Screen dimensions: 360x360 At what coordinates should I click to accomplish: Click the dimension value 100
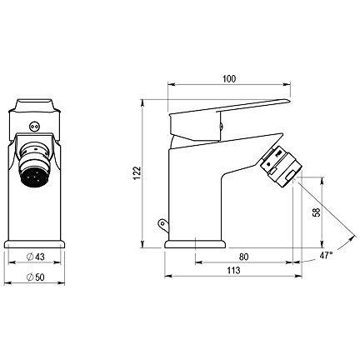229,79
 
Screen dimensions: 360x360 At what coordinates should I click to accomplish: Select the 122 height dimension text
137,173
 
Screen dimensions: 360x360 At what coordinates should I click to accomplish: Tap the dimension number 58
317,212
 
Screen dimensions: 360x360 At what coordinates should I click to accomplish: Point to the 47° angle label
326,255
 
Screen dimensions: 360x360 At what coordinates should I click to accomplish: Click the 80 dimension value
243,257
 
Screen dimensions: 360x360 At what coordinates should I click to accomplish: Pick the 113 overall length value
233,270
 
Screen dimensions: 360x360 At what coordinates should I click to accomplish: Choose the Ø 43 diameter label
35,257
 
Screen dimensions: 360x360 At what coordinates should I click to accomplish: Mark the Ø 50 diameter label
35,277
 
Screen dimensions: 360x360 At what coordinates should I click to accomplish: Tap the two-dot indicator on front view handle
35,127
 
